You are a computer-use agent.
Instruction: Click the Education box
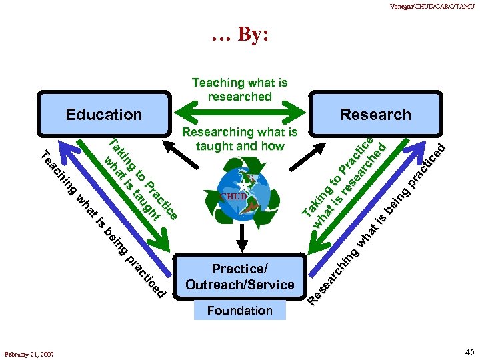pos(104,115)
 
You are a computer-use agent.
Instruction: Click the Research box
pos(375,115)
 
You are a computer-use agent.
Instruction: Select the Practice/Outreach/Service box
pos(240,277)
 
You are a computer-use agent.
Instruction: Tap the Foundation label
pos(240,310)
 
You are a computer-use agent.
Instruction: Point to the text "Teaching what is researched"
pos(240,89)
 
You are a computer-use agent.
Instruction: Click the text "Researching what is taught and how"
pos(240,139)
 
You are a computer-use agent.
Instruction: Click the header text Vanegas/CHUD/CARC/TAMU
pos(433,6)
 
